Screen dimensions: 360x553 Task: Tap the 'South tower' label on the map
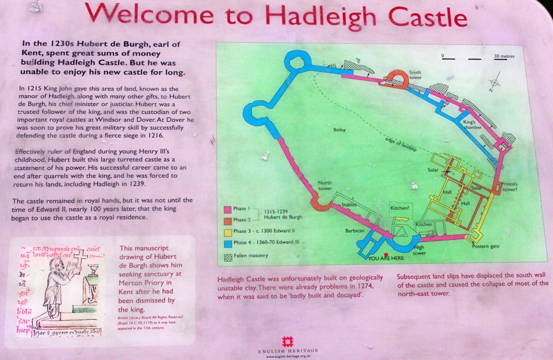tap(415, 75)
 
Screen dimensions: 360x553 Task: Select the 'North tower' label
tap(325, 186)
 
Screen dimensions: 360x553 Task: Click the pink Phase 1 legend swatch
tap(227, 210)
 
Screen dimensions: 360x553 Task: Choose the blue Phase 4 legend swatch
tap(227, 243)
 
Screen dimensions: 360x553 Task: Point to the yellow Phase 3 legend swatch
tap(227, 232)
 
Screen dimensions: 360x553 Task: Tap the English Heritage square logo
tap(286, 341)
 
